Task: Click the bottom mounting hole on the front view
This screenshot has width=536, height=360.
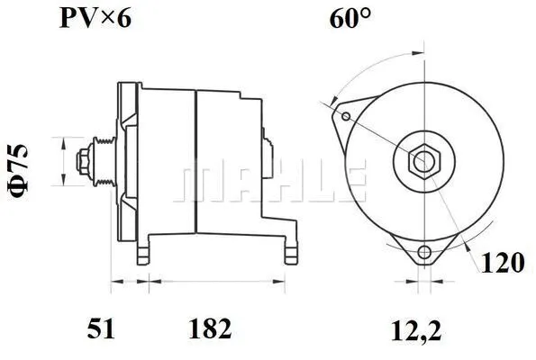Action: coord(425,252)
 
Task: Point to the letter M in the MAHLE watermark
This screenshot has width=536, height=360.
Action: coord(199,183)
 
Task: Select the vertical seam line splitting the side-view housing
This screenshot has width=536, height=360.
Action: coord(195,162)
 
